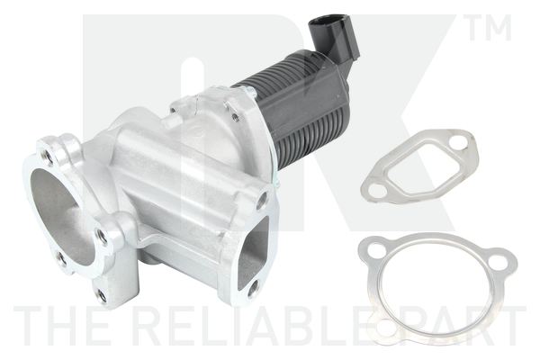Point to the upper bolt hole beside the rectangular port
[x=262, y=200]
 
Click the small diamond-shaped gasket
[x=419, y=166]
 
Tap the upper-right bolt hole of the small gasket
[x=460, y=143]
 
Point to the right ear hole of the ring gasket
[x=498, y=264]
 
